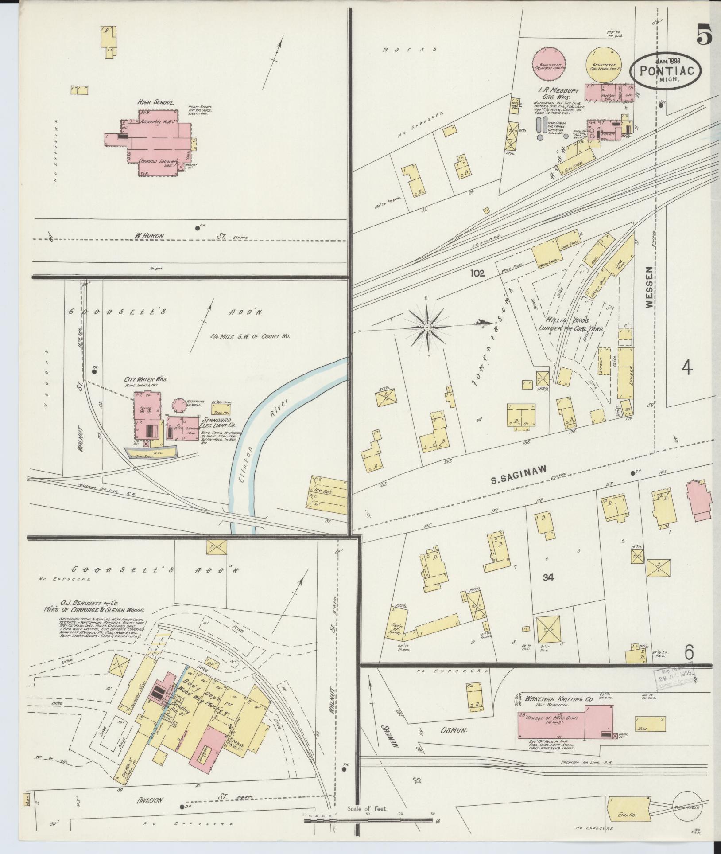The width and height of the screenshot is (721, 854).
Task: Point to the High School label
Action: tap(155, 102)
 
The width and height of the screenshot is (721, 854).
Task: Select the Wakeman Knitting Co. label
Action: tap(558, 698)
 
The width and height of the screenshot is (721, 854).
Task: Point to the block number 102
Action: tap(478, 274)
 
